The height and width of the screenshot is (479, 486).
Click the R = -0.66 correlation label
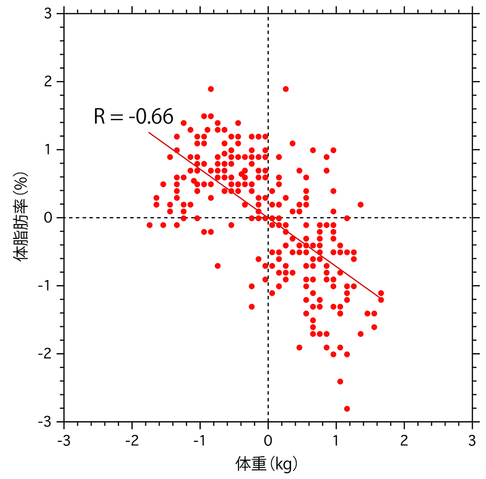click(133, 117)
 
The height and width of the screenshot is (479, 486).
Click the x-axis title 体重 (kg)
click(266, 462)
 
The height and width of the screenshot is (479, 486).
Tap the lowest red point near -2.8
click(347, 409)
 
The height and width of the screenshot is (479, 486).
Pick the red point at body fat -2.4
click(340, 381)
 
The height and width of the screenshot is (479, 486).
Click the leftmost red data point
click(150, 225)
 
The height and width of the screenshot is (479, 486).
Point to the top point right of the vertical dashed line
click(286, 89)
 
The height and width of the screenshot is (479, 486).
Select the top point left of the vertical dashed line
click(211, 89)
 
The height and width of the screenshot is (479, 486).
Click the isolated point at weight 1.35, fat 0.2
click(361, 205)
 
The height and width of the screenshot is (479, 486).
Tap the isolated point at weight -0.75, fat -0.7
click(218, 266)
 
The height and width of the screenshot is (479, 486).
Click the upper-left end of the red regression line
click(149, 133)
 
